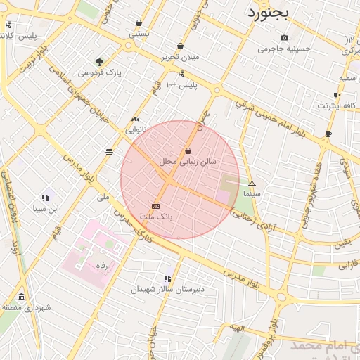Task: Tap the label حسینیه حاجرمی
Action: pos(284,49)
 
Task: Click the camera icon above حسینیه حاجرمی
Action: pos(284,38)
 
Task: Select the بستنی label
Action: pos(139,33)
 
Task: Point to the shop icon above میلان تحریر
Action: pos(181,46)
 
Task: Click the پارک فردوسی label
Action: pos(99,72)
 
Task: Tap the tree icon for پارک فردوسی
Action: pos(99,62)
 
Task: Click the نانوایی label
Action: pos(136,130)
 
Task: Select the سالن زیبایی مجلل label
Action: pos(188,162)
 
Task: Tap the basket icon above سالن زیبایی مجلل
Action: pos(188,150)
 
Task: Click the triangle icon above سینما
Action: pos(252,183)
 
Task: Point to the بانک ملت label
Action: pos(156,217)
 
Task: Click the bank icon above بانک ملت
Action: pos(155,206)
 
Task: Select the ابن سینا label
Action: pos(46,209)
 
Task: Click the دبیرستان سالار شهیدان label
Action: pos(169,289)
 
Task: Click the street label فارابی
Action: pos(347,266)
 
